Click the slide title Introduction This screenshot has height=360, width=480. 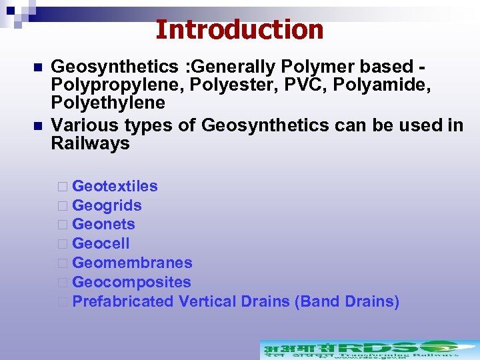(x=239, y=29)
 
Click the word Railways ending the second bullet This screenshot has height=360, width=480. (x=90, y=143)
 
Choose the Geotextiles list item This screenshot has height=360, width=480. (x=115, y=186)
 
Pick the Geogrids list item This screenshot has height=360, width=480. (x=107, y=205)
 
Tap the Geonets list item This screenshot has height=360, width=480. (x=103, y=224)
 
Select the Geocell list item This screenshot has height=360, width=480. (x=101, y=243)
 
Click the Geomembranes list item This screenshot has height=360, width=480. (x=132, y=263)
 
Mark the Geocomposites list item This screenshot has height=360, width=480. (x=131, y=282)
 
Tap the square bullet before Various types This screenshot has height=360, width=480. (x=37, y=125)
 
